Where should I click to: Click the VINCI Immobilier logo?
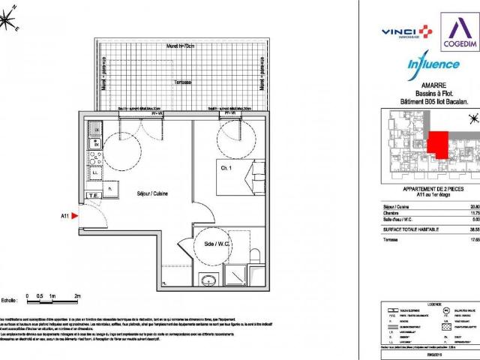(406, 31)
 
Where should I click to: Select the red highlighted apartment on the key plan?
(438, 143)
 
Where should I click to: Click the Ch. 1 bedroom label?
(227, 168)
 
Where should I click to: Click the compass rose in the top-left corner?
(13, 22)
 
